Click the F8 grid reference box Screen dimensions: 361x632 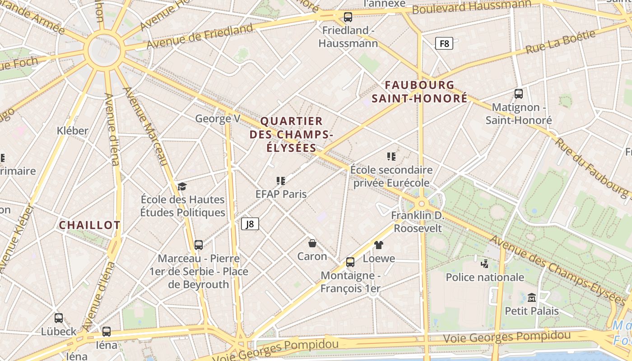(x=444, y=43)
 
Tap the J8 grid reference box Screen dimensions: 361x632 (x=250, y=224)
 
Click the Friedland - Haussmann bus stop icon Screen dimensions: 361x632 (x=348, y=17)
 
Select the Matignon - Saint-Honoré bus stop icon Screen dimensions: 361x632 (x=518, y=94)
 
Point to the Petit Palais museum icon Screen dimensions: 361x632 (x=531, y=298)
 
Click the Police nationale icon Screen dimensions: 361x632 (x=484, y=264)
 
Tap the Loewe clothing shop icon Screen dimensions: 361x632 (x=378, y=245)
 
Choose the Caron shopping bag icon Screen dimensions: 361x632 (x=312, y=243)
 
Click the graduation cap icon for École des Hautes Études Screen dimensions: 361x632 (x=182, y=186)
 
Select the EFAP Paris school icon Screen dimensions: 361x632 (x=281, y=181)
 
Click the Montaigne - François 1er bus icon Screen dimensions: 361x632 (x=350, y=262)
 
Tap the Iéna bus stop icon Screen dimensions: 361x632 (x=106, y=332)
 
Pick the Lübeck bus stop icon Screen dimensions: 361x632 (x=58, y=318)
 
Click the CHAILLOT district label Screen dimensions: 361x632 (x=90, y=225)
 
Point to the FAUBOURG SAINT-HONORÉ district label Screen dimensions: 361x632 (x=419, y=92)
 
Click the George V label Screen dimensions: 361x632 (x=218, y=119)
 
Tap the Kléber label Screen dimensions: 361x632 (x=73, y=131)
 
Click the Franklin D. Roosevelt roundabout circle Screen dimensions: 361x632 (x=422, y=204)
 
